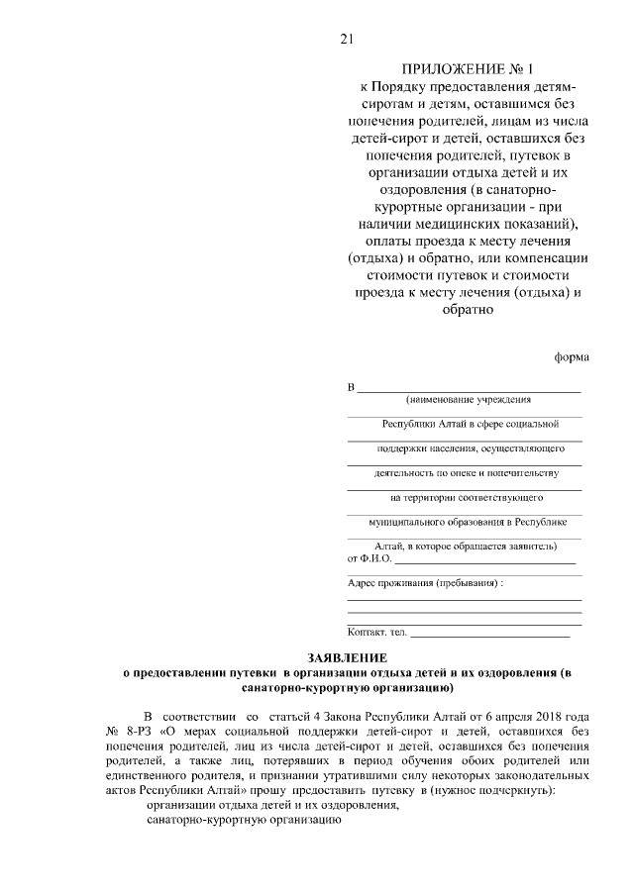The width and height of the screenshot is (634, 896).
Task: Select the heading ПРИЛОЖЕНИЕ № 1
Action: click(466, 69)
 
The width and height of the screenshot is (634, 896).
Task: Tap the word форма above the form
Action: click(572, 358)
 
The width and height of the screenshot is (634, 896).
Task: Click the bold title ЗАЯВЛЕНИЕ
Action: click(345, 657)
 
